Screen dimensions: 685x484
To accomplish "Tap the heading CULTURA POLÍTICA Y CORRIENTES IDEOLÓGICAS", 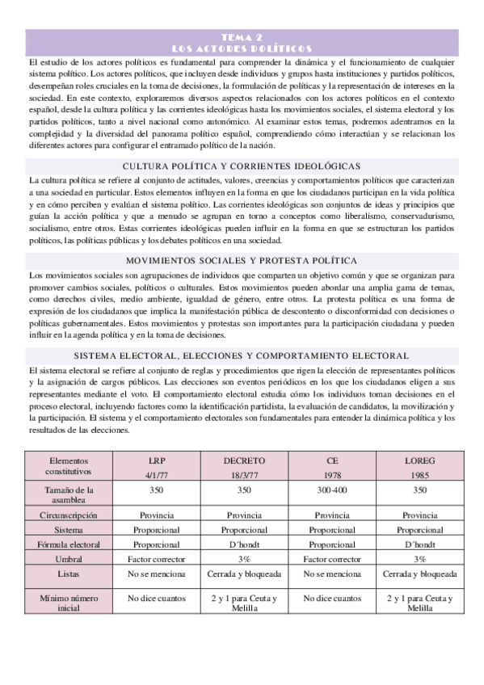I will coord(242,166).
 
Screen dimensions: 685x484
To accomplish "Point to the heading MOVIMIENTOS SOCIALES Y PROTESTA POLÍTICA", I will coord(242,260).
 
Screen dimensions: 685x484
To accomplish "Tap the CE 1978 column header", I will coord(332,465).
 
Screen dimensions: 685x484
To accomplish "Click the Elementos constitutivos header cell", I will coord(69,465).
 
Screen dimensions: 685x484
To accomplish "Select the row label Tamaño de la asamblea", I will coord(69,494).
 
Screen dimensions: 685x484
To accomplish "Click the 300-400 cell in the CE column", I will coord(332,490).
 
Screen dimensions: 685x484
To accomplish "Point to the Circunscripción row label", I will coord(69,515).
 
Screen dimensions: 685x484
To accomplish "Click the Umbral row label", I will coord(69,558).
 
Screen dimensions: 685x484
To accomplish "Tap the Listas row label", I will coord(69,574).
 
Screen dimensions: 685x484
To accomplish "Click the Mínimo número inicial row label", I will coord(69,603).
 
